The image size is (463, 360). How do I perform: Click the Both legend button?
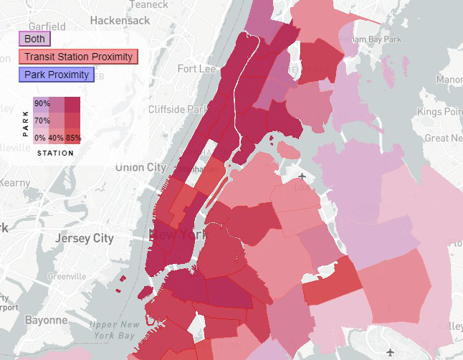point(34,38)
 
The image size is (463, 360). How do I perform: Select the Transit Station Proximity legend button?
point(77,57)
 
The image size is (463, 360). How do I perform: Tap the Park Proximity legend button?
point(57,75)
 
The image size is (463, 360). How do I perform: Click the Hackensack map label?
point(120,20)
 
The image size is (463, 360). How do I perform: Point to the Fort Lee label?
point(196,69)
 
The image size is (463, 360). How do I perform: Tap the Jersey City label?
point(85,237)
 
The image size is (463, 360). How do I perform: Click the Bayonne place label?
point(46,321)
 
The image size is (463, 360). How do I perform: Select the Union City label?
point(140,167)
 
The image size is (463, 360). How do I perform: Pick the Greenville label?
point(67,277)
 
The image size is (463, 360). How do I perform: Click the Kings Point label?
point(440,113)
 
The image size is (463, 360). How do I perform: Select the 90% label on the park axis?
point(42,103)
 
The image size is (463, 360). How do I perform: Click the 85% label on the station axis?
point(74,138)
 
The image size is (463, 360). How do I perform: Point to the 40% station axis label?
point(56,138)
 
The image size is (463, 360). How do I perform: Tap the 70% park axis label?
point(42,120)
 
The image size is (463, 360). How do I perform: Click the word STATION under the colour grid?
point(54,153)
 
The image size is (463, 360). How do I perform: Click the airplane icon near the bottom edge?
point(389,352)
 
